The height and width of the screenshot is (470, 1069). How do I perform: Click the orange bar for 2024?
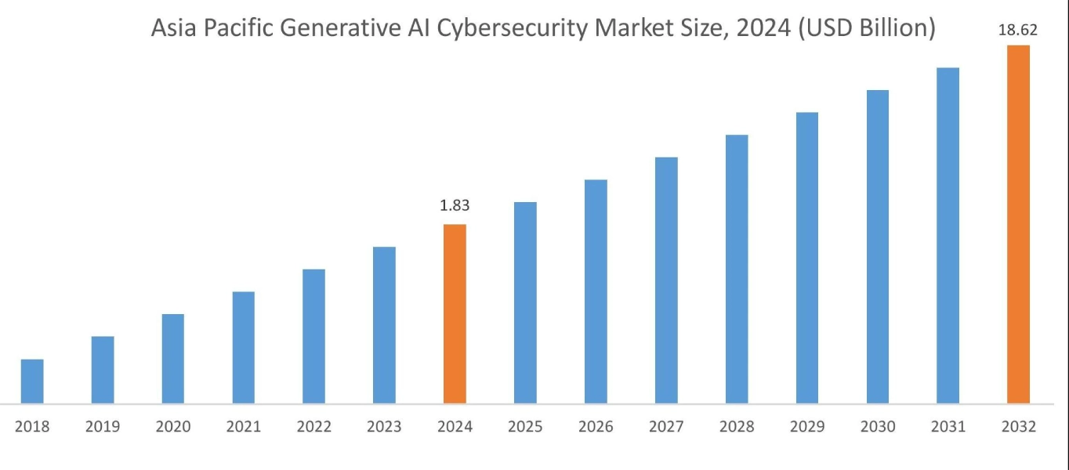(455, 313)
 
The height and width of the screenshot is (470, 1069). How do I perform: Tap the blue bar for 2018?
(32, 381)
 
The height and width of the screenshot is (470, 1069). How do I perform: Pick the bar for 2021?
(244, 348)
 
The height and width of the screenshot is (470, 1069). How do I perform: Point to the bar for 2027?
(666, 280)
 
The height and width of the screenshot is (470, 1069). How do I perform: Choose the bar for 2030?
(878, 247)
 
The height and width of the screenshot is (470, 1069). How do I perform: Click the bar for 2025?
(525, 303)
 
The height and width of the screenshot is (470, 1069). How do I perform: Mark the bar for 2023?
(384, 325)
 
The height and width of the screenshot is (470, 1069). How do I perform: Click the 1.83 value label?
(455, 206)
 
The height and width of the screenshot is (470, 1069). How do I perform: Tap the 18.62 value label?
(1018, 31)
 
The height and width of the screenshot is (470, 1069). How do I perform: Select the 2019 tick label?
(103, 427)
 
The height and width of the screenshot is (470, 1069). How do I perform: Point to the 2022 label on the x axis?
(313, 427)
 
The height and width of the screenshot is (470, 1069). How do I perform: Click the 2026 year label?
(596, 427)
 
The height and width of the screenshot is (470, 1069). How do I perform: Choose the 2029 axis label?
(807, 427)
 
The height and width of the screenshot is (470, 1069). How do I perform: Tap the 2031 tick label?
(948, 427)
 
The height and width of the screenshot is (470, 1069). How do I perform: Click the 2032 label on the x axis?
(1018, 427)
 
